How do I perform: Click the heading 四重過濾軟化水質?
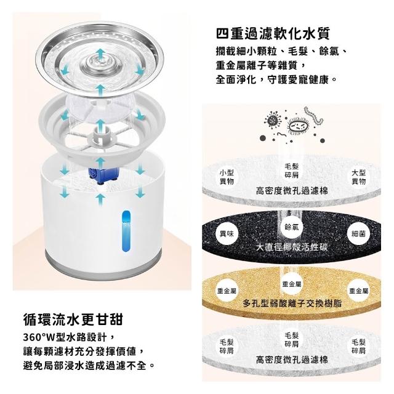tap(273, 34)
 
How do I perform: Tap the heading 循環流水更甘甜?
tap(73, 319)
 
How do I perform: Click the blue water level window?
tap(126, 231)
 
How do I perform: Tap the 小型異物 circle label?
tap(227, 177)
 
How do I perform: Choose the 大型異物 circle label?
tap(358, 177)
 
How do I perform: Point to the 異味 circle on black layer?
tap(227, 234)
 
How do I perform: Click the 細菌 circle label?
tap(358, 234)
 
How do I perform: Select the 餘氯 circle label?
tap(292, 227)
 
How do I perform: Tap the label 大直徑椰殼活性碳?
tap(292, 247)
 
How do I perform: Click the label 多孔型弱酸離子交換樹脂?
tap(292, 304)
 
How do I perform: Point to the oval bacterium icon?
tap(298, 125)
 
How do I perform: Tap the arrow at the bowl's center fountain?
tap(101, 55)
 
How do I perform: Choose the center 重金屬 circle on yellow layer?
tap(292, 284)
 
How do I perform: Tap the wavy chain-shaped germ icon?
tap(313, 116)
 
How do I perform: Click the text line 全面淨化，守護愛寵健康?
tap(276, 79)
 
